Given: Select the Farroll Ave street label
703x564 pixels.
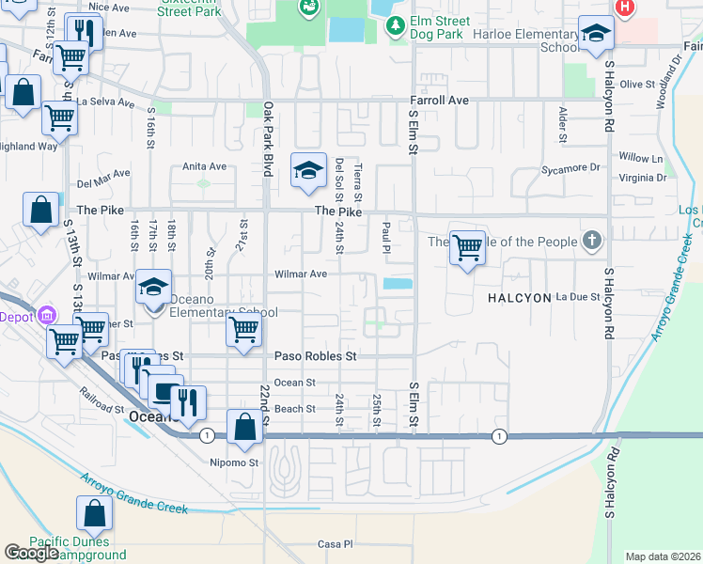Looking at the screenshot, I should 439,100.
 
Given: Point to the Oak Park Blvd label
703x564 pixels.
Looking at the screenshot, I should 268,140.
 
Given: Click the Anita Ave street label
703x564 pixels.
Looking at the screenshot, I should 205,166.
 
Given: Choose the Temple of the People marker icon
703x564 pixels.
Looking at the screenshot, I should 591,242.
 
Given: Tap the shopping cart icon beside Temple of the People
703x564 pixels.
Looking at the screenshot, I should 467,249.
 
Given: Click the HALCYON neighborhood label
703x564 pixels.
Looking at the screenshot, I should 518,297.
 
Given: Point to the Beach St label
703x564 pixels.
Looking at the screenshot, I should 294,409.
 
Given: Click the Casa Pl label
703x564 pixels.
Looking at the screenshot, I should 334,544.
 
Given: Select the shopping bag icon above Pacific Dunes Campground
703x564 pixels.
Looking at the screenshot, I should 94,513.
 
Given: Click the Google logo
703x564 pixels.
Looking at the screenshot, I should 31,553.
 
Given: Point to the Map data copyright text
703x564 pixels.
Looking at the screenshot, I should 664,556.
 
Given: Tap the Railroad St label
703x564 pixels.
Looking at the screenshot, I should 102,400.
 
